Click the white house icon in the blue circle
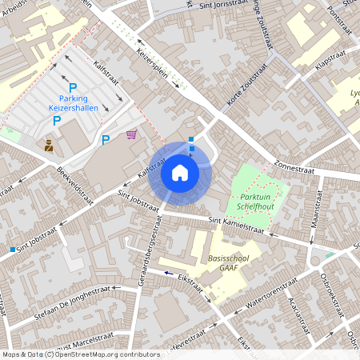179,172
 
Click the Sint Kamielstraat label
236,225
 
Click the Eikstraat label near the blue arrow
190,282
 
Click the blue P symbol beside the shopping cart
106,141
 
